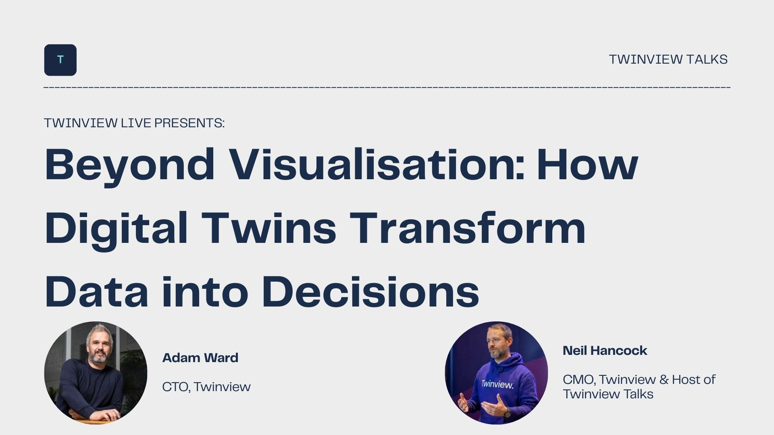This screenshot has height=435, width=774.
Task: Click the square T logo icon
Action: pos(60,60)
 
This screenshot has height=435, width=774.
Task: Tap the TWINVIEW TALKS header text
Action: pos(668,59)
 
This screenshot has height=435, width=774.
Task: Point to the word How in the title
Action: pos(587,164)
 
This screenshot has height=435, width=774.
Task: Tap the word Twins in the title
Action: pos(269,228)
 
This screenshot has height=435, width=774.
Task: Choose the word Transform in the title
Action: pos(468,228)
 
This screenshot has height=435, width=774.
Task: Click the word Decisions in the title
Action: pos(370,292)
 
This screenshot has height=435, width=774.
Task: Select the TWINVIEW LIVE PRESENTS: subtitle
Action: pos(134,123)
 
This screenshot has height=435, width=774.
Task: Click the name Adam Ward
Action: pos(200,358)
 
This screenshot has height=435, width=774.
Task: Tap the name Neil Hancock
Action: pos(605,350)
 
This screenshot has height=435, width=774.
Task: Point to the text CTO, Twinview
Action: pos(206,387)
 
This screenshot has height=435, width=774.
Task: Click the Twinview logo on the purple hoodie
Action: pos(497,384)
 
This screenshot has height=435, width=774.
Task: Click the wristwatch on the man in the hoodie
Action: pos(508,412)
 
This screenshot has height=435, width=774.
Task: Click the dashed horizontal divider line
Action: pos(387,87)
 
